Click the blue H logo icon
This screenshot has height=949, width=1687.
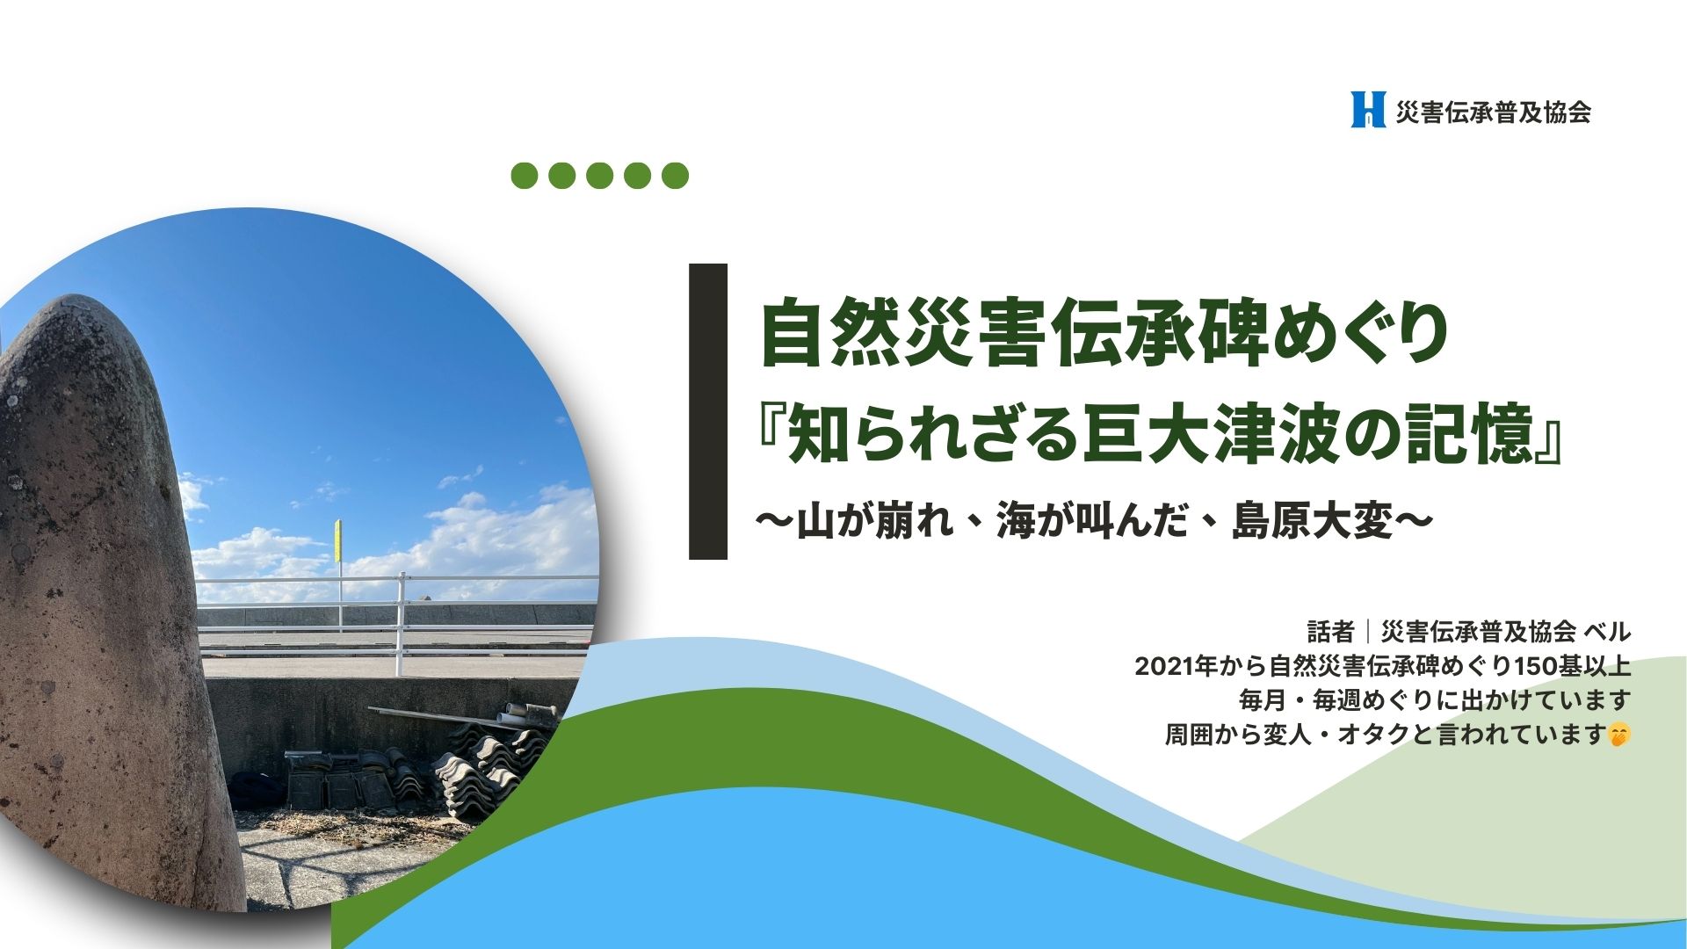click(x=1368, y=109)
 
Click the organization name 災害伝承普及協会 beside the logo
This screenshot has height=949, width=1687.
click(x=1494, y=112)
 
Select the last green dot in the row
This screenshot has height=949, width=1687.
click(x=675, y=176)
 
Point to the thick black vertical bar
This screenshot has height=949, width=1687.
click(x=708, y=411)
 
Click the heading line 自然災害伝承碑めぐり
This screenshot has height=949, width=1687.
click(x=1104, y=335)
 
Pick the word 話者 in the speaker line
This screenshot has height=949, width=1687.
click(x=1330, y=632)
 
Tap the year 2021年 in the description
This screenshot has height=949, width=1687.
click(x=1169, y=666)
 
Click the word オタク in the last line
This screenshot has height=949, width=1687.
click(x=1372, y=734)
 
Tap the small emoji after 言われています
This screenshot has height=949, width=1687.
click(x=1618, y=735)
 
